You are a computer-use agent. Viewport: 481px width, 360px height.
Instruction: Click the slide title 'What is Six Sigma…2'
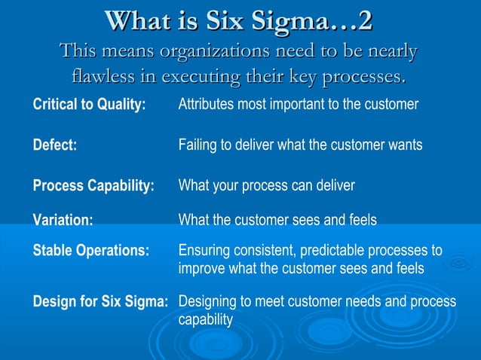click(x=240, y=20)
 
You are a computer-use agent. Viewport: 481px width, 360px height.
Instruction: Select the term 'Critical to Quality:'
click(x=89, y=105)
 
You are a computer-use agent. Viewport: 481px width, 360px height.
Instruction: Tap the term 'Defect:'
click(x=55, y=145)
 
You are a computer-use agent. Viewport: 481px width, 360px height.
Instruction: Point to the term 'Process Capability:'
click(x=93, y=185)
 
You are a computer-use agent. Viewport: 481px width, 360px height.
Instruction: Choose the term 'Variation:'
click(x=63, y=220)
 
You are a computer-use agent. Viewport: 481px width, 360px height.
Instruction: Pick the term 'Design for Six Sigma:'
click(x=100, y=302)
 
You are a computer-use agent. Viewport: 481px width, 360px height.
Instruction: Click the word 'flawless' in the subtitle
click(x=103, y=77)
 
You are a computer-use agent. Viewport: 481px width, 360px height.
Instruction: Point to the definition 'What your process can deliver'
click(x=266, y=185)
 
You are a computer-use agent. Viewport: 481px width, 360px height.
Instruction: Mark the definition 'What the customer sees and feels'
click(x=277, y=220)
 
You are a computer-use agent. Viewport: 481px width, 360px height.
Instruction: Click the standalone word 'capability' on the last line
click(x=205, y=320)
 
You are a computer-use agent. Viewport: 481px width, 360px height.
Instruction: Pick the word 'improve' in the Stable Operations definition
click(x=201, y=269)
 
